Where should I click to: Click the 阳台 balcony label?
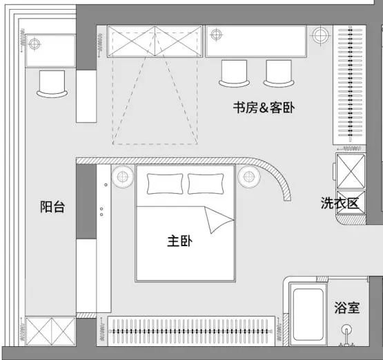[x=52, y=207]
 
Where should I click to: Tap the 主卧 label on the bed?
[x=180, y=241]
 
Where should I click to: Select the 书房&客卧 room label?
[x=264, y=108]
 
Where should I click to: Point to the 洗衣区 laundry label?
[x=340, y=203]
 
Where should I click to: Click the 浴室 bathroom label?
[x=347, y=308]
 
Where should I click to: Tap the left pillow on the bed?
[x=165, y=183]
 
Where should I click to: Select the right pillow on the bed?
[x=206, y=183]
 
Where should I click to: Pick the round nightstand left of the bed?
[x=123, y=177]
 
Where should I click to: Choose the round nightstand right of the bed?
[x=249, y=177]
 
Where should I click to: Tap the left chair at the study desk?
[x=234, y=74]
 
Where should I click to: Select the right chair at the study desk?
[x=279, y=74]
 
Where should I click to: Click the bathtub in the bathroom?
[x=308, y=314]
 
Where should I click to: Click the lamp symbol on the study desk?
[x=216, y=34]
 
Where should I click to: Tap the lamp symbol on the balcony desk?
[x=35, y=44]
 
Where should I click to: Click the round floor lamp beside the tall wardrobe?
[x=321, y=35]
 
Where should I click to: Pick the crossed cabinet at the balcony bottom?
[x=51, y=331]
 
